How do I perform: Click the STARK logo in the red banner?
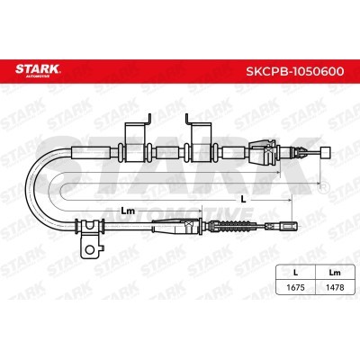[x=38, y=70]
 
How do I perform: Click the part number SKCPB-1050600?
[x=295, y=71]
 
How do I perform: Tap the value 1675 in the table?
[x=295, y=287]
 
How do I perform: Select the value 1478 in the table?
[x=335, y=287]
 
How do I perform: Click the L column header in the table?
[x=295, y=273]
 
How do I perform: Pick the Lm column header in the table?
[x=335, y=273]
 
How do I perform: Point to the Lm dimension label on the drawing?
[x=128, y=211]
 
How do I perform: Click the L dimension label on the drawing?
[x=243, y=199]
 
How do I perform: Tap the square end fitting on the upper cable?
[x=326, y=152]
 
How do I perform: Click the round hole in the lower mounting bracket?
[x=89, y=248]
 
